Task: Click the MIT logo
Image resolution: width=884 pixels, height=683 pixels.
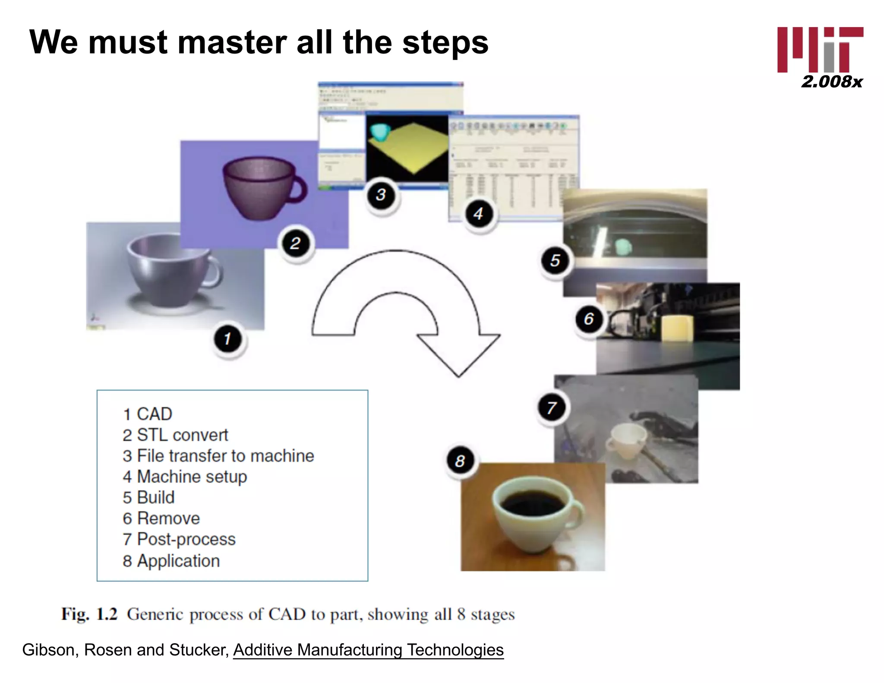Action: [x=820, y=49]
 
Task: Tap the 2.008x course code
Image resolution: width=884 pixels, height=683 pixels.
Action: [x=831, y=82]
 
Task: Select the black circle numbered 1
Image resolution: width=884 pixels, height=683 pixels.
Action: [x=228, y=339]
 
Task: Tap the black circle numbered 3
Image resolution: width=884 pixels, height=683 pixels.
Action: [x=381, y=195]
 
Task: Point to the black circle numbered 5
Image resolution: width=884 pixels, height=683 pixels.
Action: [x=556, y=260]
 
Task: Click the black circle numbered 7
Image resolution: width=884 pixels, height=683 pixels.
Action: [x=552, y=408]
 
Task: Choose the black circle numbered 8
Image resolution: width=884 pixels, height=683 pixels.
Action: [x=460, y=461]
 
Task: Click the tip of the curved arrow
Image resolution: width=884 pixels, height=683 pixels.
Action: [x=458, y=375]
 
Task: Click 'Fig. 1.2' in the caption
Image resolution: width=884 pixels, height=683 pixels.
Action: [x=89, y=614]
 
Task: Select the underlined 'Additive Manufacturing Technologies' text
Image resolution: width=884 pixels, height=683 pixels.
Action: [x=368, y=650]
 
